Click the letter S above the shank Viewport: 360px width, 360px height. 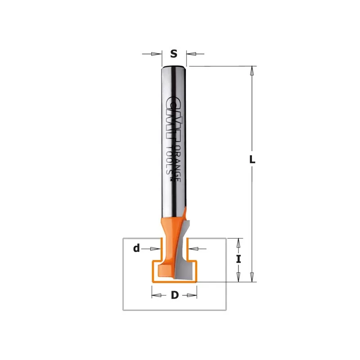174,54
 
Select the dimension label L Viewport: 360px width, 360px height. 252,159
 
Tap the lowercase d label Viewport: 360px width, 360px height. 136,248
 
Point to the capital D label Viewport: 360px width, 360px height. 175,295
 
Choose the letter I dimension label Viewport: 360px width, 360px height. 238,259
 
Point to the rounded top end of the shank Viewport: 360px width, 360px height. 174,67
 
